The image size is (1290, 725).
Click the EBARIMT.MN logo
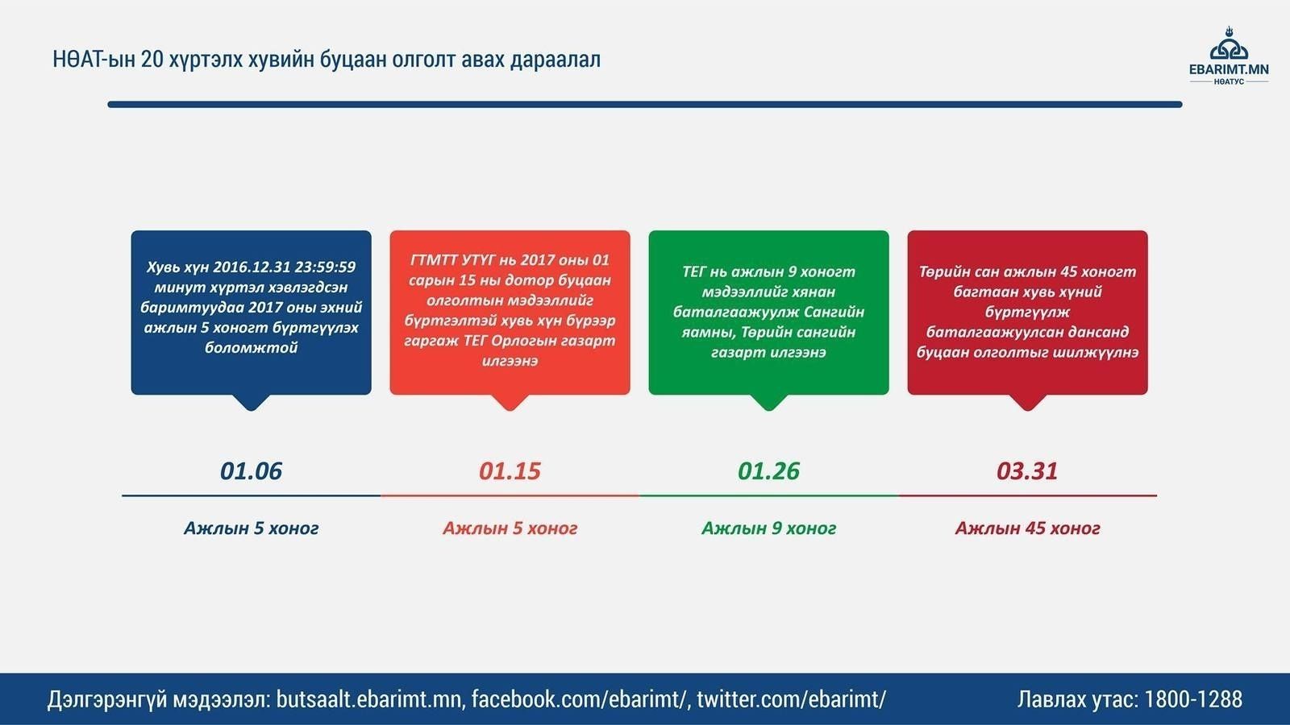coord(1229,56)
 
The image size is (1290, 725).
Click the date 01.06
coord(251,470)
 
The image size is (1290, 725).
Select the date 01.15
coord(510,470)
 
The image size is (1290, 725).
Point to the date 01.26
coord(768,470)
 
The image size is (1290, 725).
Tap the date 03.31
coord(1027,470)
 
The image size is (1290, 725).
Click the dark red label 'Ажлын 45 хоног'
coord(1027,528)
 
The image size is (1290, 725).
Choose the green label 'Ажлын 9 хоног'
coord(768,528)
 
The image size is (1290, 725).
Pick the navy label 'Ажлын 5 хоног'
coord(251,528)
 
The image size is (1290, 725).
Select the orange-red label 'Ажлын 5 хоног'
coord(510,528)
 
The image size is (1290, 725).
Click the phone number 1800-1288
coord(1192,699)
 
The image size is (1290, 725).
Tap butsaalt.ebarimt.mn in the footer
coord(370,699)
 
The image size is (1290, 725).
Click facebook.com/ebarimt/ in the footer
coord(580,699)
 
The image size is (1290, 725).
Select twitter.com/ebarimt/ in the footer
coord(791,699)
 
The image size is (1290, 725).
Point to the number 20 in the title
coord(152,60)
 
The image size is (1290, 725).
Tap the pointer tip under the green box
coord(768,410)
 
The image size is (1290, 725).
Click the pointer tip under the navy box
coord(251,410)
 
